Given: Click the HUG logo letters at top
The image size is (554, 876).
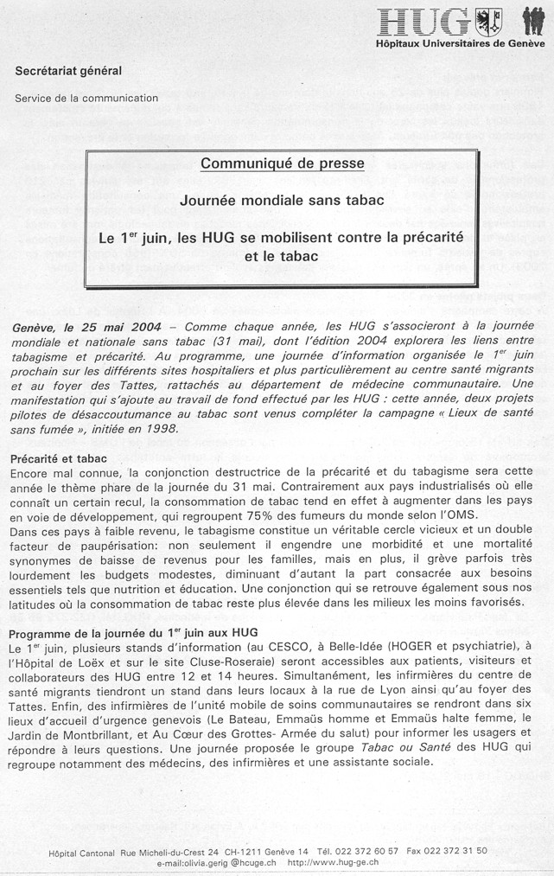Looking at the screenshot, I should pos(424,22).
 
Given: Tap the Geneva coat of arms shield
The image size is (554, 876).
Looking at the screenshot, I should pos(488,21).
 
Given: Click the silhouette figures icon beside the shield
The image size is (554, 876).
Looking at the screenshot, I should pos(533,21).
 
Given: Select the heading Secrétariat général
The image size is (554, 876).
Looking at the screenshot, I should pos(68,71).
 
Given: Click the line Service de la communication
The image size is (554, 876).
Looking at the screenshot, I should pos(86,98).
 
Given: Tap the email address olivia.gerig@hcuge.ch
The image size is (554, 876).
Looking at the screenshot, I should pos(216,862).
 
